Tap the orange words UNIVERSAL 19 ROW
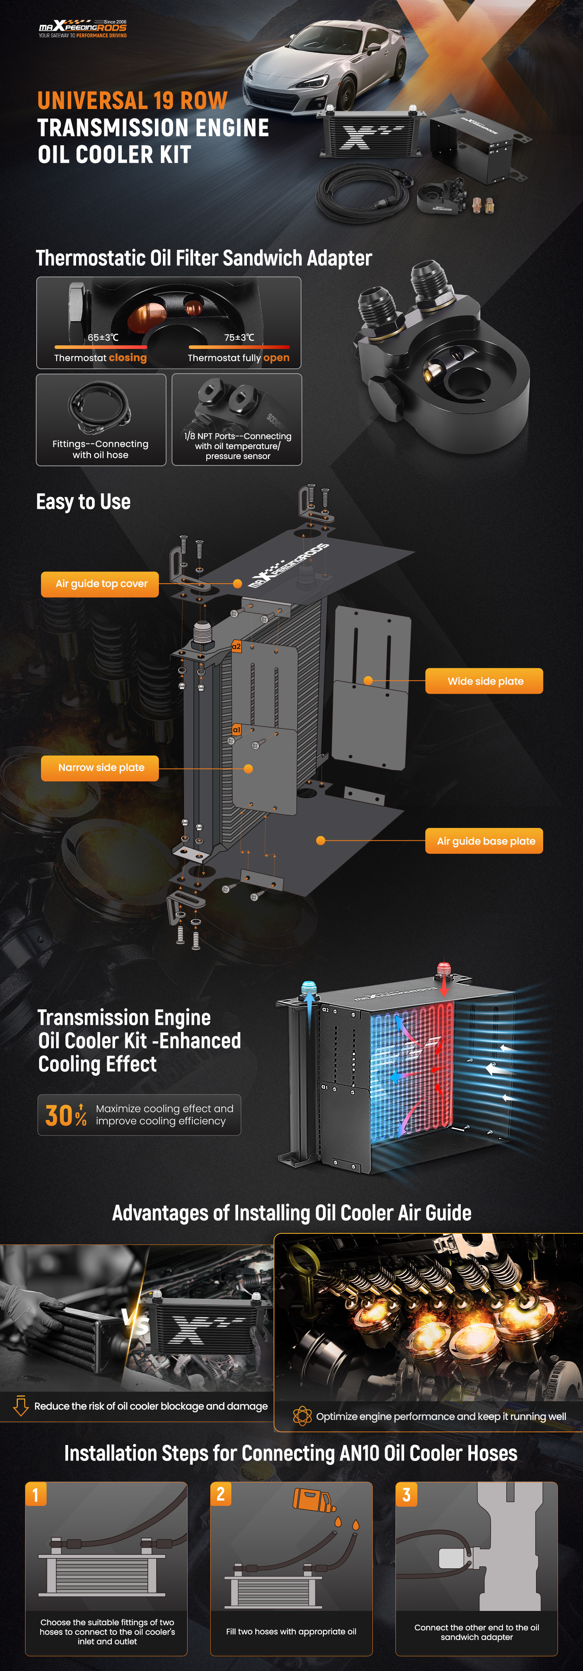(x=133, y=101)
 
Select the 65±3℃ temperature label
(x=103, y=337)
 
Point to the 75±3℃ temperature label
(x=240, y=337)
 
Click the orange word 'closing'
(x=128, y=358)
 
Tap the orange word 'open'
(x=277, y=358)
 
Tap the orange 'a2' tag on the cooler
(x=236, y=647)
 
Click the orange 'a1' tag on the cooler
(x=236, y=730)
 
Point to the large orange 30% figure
(x=66, y=1115)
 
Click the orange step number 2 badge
(x=221, y=1494)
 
